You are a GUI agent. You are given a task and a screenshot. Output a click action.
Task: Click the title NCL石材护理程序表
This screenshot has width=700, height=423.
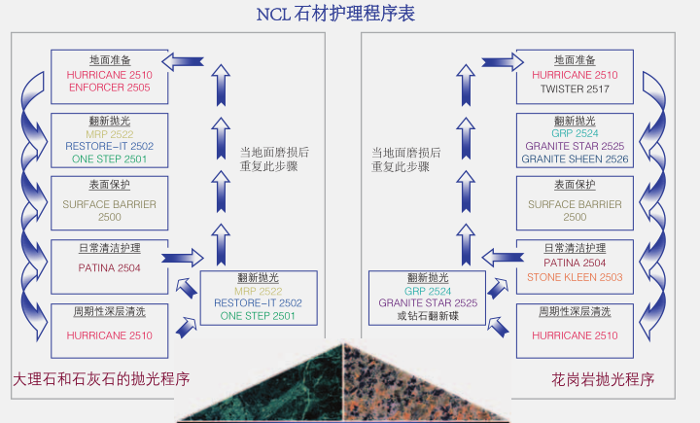coord(349,15)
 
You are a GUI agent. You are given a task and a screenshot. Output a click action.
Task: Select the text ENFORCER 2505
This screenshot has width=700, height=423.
coord(108,88)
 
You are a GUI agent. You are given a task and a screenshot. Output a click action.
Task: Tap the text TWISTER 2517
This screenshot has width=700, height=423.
coord(575,88)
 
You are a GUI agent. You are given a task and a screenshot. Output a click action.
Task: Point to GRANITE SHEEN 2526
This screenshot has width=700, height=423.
coord(575,159)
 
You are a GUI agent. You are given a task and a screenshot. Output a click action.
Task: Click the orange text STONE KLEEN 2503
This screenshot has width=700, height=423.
coord(575,277)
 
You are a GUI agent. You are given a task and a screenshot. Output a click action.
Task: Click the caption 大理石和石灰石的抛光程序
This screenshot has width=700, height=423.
coord(101,378)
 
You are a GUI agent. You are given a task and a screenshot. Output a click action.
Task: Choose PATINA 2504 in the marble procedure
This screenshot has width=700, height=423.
coord(108,266)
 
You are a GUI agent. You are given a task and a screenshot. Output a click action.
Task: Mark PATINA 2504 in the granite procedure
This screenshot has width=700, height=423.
coord(575,264)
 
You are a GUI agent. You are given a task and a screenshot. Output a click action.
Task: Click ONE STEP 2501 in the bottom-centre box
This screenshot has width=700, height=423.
coord(258,316)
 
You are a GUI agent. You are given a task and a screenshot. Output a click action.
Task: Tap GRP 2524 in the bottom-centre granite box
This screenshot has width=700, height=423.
coord(428,290)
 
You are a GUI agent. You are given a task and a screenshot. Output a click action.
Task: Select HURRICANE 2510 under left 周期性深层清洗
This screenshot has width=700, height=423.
coord(108,335)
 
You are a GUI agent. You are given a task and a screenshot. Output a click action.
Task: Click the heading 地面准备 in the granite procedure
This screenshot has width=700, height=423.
coord(575,60)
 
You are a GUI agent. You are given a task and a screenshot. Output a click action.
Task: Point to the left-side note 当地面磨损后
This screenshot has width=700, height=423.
coord(274,153)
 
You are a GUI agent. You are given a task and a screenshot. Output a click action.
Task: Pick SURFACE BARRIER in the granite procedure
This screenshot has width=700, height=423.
coord(575,204)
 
